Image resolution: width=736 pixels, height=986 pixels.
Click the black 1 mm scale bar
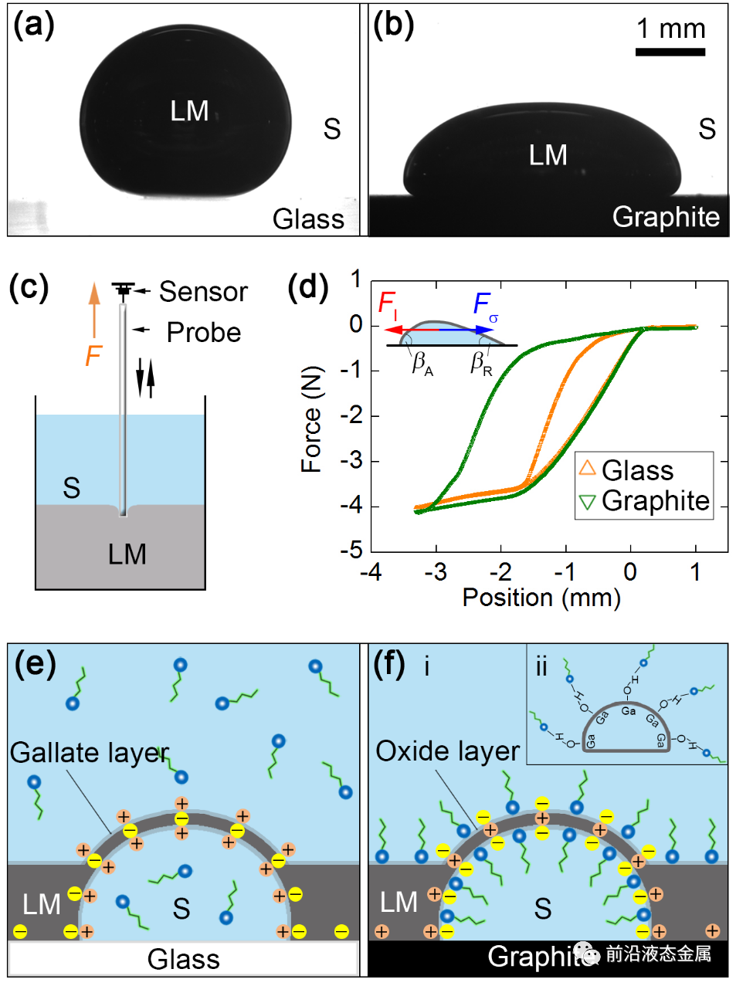point(670,53)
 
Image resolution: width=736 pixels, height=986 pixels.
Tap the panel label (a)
point(34,25)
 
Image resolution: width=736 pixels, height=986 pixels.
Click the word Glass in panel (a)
point(308,219)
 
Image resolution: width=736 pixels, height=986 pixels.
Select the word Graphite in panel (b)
point(666,217)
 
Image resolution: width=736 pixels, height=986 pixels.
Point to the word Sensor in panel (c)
point(203,292)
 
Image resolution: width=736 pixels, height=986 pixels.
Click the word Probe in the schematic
point(204,333)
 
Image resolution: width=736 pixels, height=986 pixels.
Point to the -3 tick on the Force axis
point(355,461)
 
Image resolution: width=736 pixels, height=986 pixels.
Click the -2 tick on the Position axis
point(500,572)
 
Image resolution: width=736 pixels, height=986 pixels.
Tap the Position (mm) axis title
point(541,598)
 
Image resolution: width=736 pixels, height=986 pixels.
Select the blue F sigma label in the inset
point(485,306)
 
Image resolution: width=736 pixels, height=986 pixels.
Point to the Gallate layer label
point(89,752)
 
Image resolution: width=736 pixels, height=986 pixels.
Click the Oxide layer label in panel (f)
point(447,751)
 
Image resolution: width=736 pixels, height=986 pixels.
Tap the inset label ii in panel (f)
point(541,666)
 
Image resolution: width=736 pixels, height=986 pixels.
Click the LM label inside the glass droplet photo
point(189,111)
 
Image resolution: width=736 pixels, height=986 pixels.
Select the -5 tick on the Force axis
point(355,551)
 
